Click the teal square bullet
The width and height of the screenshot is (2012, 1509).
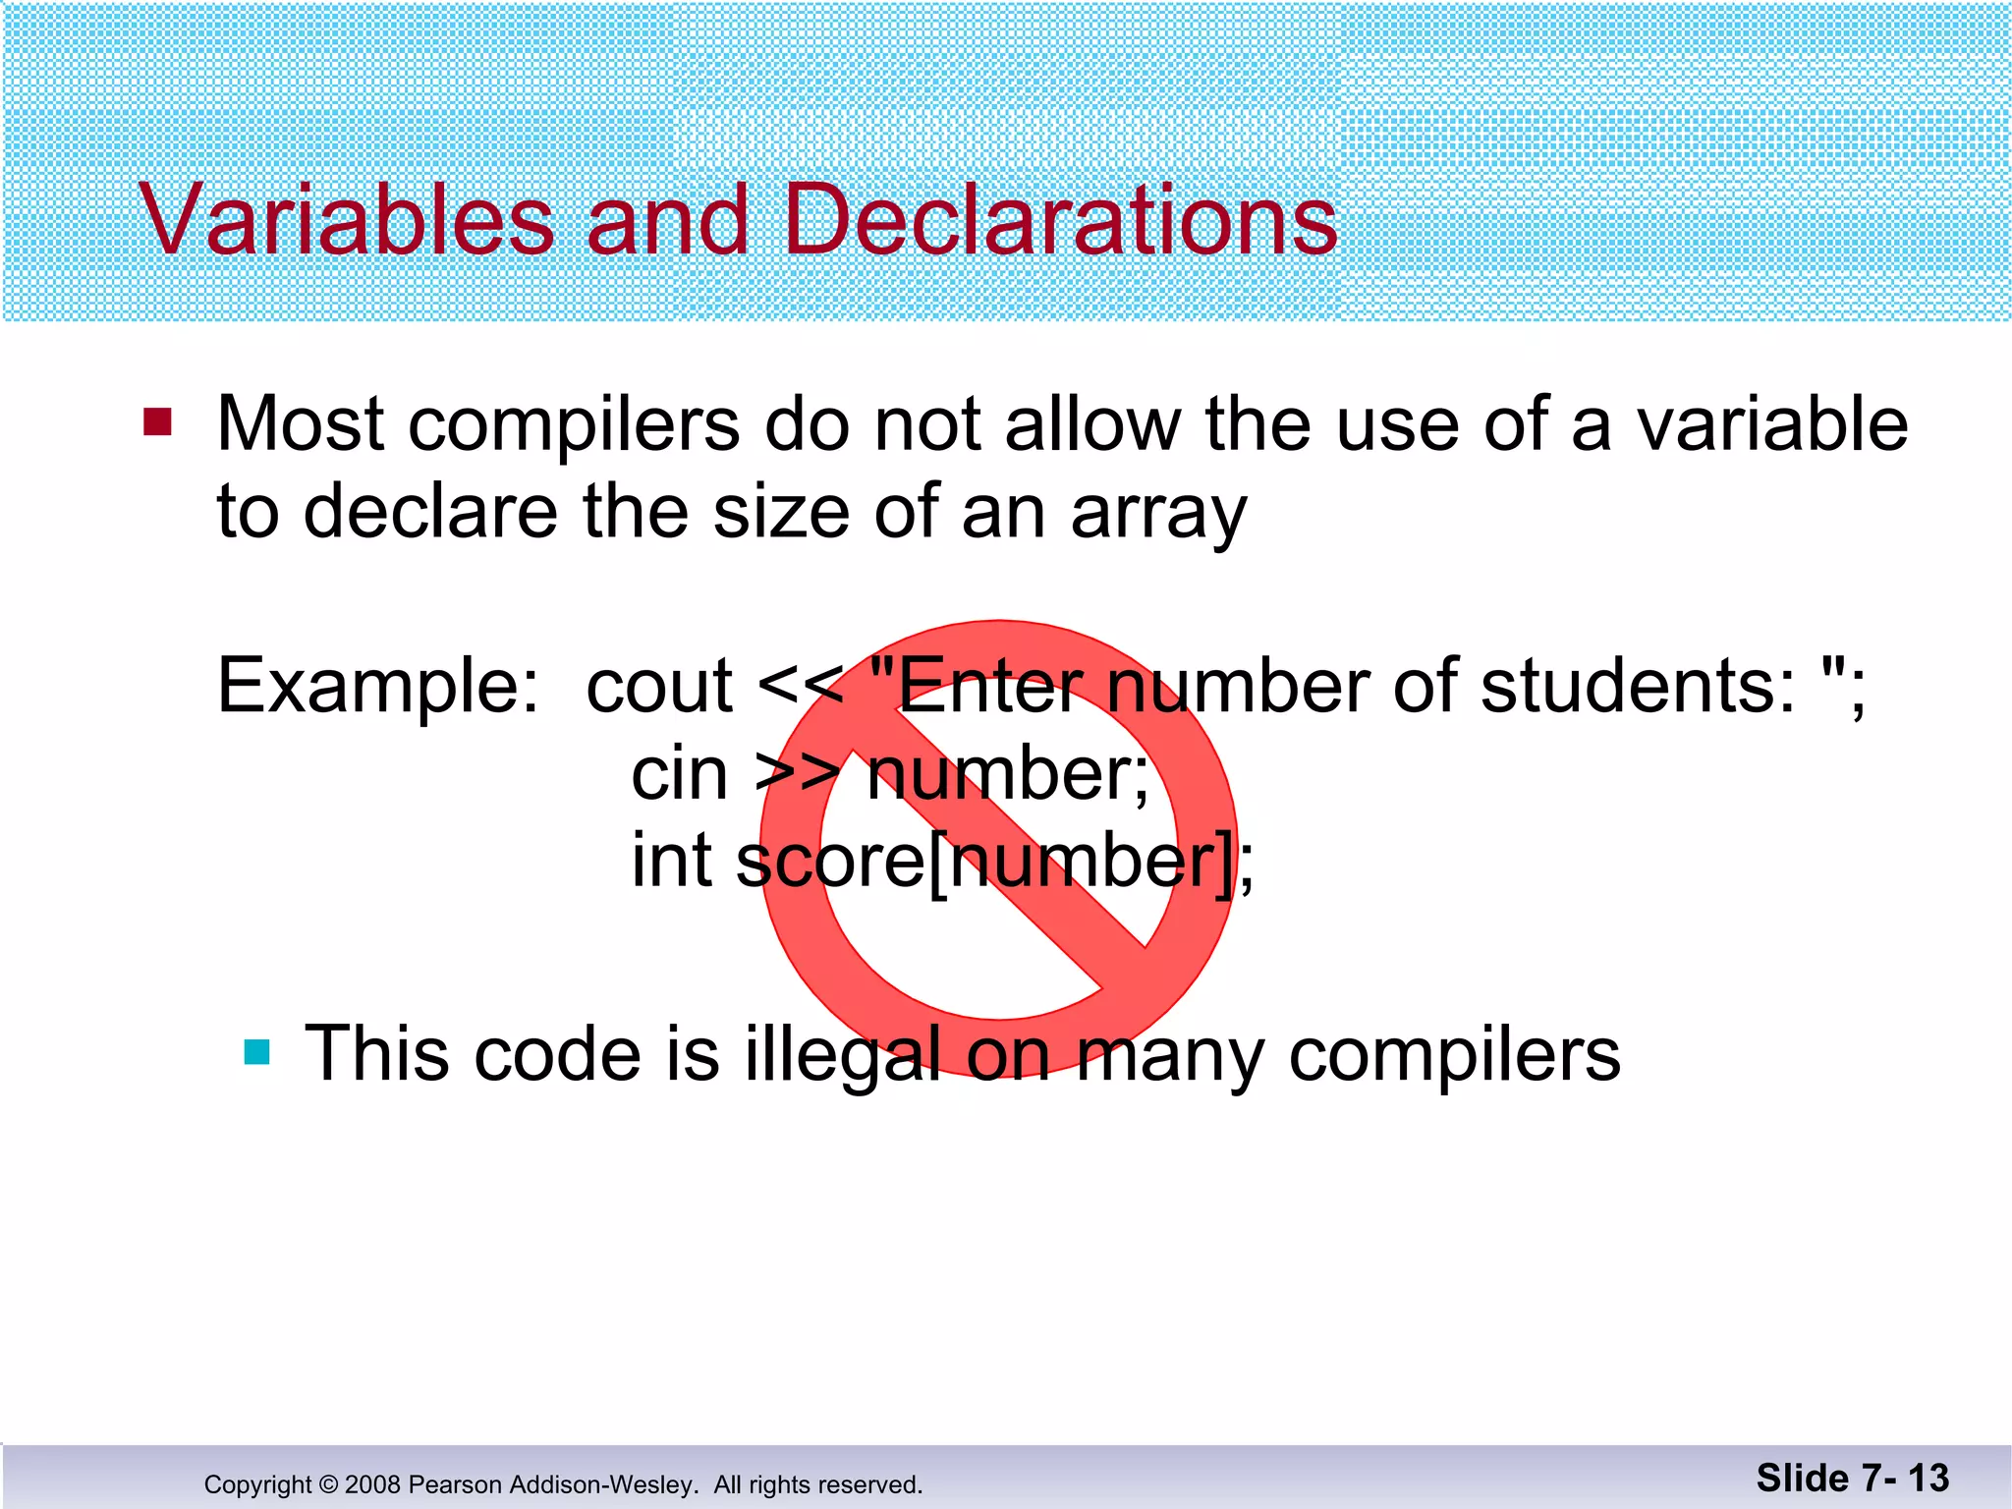(256, 1052)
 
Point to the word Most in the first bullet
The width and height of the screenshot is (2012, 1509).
(301, 424)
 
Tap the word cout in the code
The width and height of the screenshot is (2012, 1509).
(659, 686)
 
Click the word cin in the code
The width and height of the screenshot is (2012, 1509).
(679, 774)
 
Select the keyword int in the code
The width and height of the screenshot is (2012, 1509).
(671, 861)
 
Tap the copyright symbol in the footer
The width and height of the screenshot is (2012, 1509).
(329, 1484)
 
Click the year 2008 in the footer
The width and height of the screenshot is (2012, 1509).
(372, 1484)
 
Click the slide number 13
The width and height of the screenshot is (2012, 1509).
(1928, 1478)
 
